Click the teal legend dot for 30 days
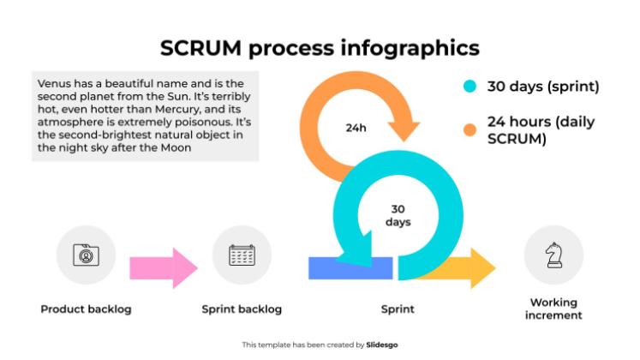pyautogui.click(x=470, y=87)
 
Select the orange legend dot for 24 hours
pyautogui.click(x=470, y=129)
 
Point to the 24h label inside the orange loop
pyautogui.click(x=356, y=128)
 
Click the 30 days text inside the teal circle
pyautogui.click(x=398, y=215)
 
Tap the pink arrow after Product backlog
pyautogui.click(x=163, y=268)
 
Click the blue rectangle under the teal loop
pyautogui.click(x=350, y=267)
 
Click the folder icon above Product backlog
pyautogui.click(x=86, y=255)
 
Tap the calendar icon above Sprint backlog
pyautogui.click(x=242, y=255)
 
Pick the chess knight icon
pyautogui.click(x=553, y=255)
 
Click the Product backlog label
pyautogui.click(x=86, y=309)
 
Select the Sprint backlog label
pyautogui.click(x=242, y=309)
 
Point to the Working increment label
pyautogui.click(x=553, y=309)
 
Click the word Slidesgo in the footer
pyautogui.click(x=381, y=345)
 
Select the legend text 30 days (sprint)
pyautogui.click(x=542, y=87)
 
